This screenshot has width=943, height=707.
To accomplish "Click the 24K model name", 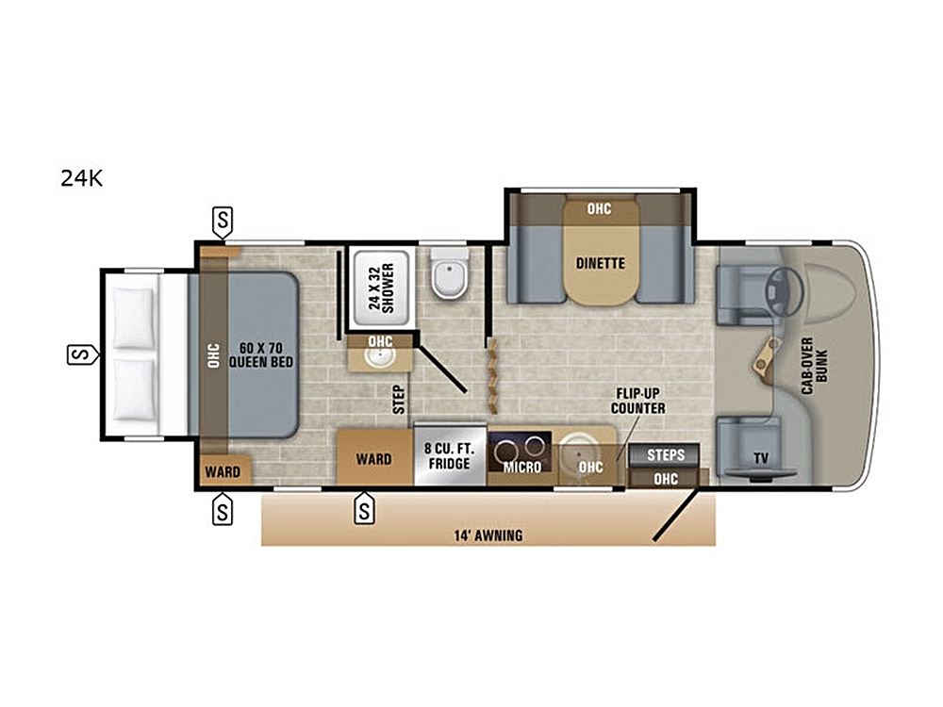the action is point(82,178).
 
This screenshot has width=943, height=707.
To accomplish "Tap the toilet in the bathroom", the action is point(449,274).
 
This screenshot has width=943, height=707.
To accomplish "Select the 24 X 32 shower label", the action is point(381,288).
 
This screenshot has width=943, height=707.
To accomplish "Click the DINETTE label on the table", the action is point(600,263).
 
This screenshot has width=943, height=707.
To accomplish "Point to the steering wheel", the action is point(785,290).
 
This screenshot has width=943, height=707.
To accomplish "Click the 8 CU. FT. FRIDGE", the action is point(449,456).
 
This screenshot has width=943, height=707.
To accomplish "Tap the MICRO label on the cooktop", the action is point(522,468).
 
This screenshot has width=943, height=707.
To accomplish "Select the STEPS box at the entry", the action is point(665,455).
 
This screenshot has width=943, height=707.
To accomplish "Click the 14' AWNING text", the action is point(488,535).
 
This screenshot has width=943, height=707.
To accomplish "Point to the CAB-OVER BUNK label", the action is point(815,366).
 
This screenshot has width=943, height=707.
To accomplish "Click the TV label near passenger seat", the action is point(761,459).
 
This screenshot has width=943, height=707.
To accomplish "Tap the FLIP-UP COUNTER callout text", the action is point(638,401).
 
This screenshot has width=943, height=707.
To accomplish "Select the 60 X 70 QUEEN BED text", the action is point(261,355).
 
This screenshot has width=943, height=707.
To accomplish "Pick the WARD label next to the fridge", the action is point(373,459).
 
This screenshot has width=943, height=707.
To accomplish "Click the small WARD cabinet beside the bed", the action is point(223,470).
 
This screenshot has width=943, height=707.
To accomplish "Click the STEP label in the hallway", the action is point(399,400).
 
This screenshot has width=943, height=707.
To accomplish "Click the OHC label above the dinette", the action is point(599,208).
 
